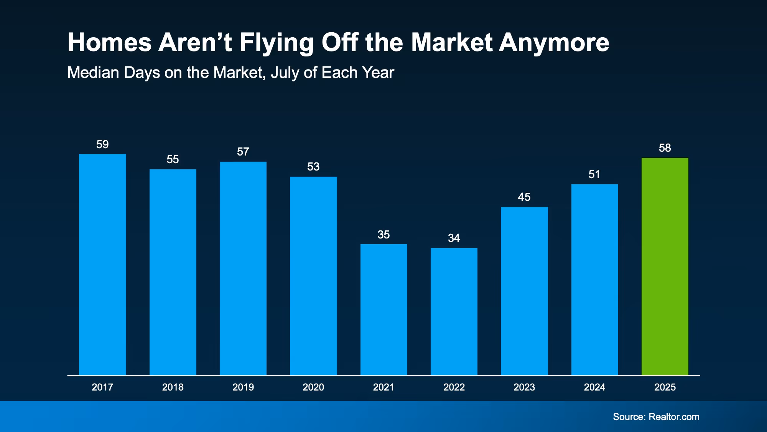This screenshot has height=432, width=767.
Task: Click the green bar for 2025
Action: [x=665, y=266]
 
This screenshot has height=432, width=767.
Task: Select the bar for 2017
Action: [x=102, y=265]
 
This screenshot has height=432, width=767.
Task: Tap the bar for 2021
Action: [x=383, y=310]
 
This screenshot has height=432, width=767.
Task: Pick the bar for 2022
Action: [x=454, y=311]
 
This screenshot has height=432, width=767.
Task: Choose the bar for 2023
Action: [x=524, y=291]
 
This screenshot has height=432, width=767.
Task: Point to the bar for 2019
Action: [x=243, y=268]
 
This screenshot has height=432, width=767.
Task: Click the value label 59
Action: [x=102, y=144]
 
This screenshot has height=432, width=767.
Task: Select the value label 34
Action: [x=454, y=238]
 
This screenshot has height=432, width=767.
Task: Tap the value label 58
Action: [x=665, y=148]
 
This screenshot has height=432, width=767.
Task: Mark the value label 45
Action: [x=524, y=197]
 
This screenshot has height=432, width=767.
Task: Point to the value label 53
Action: [x=313, y=167]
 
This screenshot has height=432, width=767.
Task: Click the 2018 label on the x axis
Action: [x=173, y=387]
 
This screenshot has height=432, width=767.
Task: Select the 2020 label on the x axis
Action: [x=313, y=387]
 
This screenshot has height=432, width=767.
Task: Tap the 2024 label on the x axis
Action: [x=594, y=387]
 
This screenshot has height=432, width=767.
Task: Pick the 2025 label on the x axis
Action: [x=665, y=387]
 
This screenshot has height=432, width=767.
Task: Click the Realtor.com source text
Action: [x=674, y=417]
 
